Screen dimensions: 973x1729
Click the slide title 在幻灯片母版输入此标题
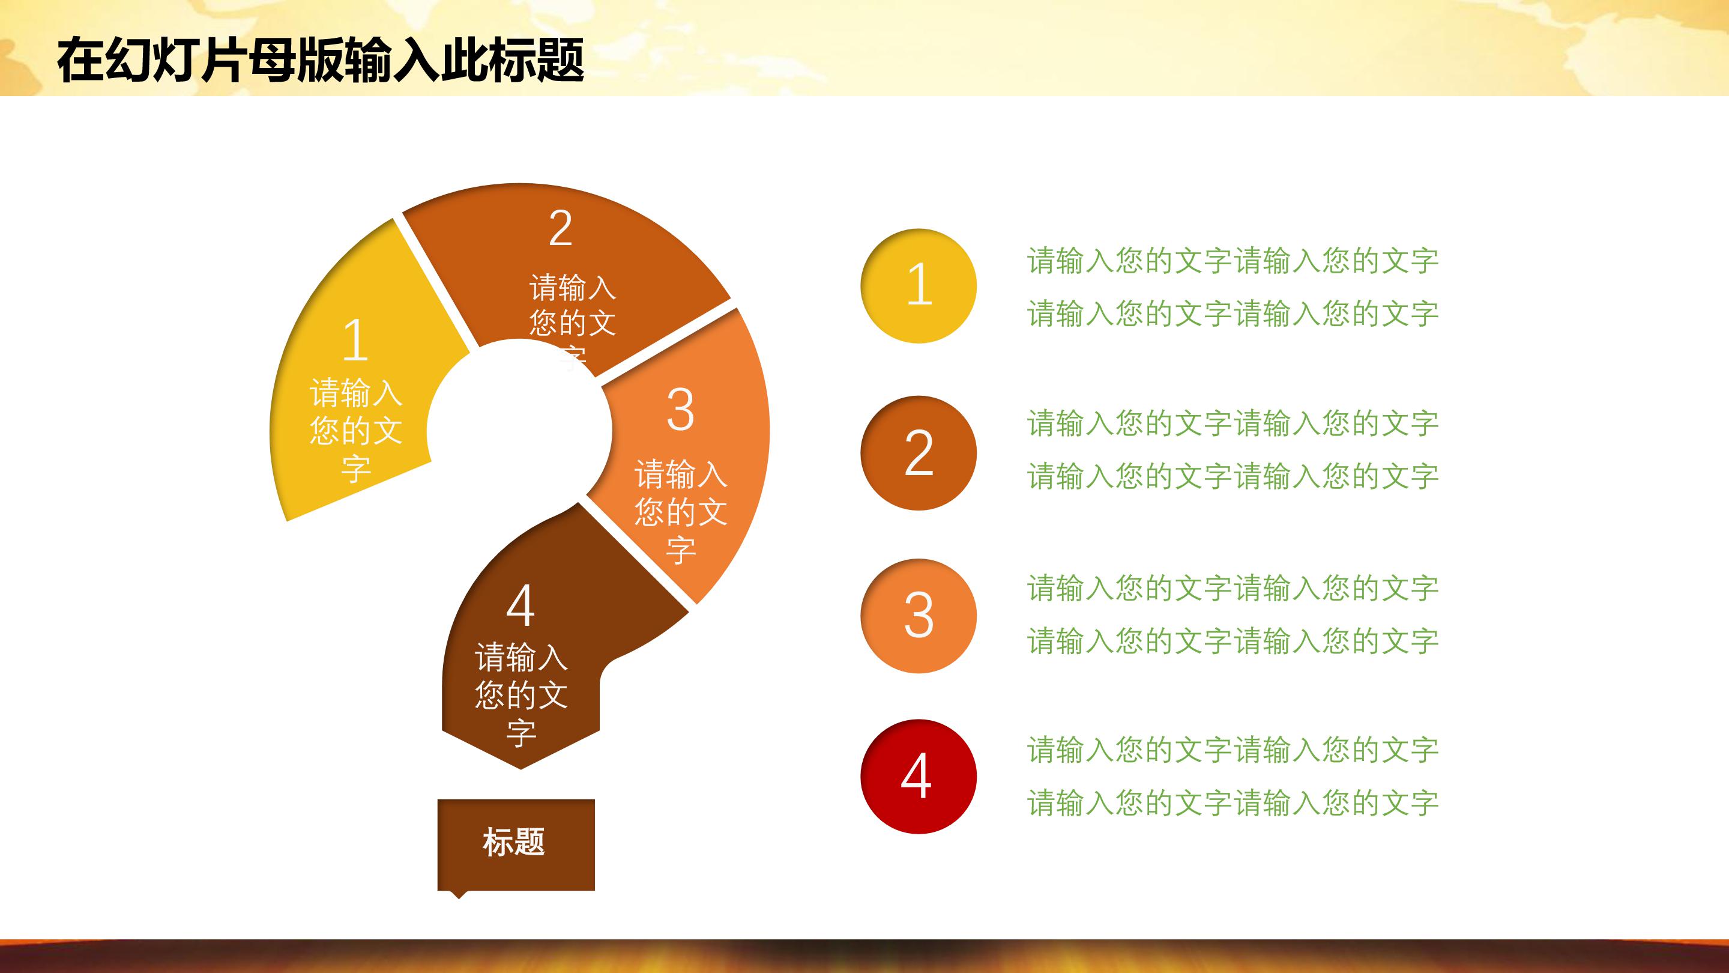click(320, 61)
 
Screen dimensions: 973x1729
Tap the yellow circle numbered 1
click(918, 285)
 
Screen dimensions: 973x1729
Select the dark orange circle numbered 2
click(918, 453)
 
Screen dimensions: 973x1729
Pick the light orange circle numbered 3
click(918, 616)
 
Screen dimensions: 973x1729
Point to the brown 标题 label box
click(516, 843)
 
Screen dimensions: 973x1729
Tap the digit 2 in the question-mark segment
click(561, 229)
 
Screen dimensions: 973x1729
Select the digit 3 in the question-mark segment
click(680, 410)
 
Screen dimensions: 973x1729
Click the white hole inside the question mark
click(518, 430)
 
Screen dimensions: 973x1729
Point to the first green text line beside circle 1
click(1233, 261)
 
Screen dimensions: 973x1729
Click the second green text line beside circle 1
click(1233, 314)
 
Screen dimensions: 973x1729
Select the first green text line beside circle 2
click(1233, 423)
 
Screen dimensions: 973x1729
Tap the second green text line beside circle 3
click(1233, 641)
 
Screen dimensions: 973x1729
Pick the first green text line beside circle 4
click(1233, 750)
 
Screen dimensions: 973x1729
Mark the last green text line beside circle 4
click(1233, 803)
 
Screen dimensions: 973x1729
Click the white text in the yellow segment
click(356, 431)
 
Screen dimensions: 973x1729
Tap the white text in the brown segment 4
click(521, 695)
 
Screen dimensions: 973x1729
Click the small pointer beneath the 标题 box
click(459, 894)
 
